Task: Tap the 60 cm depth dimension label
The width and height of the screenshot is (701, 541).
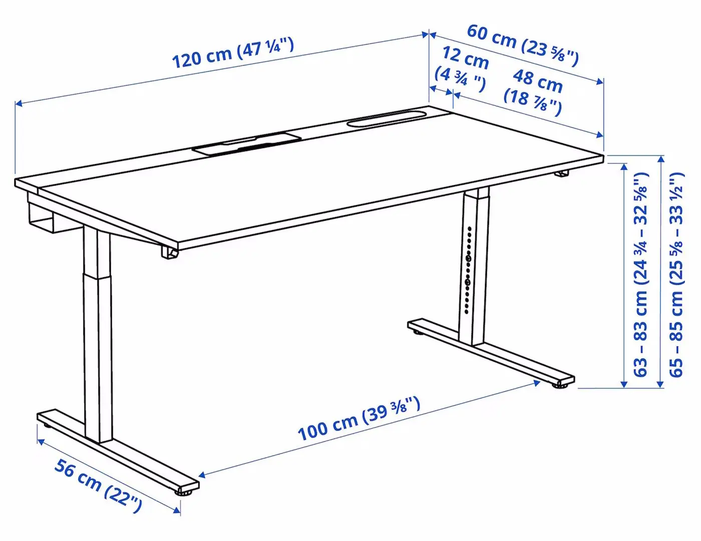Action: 523,45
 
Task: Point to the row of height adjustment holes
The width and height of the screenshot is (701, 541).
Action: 468,270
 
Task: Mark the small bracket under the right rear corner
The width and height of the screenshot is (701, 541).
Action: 562,174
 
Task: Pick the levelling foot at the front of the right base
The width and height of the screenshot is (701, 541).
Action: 559,385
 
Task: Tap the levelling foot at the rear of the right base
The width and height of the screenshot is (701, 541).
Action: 416,331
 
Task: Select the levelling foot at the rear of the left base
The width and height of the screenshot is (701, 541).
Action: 47,425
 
